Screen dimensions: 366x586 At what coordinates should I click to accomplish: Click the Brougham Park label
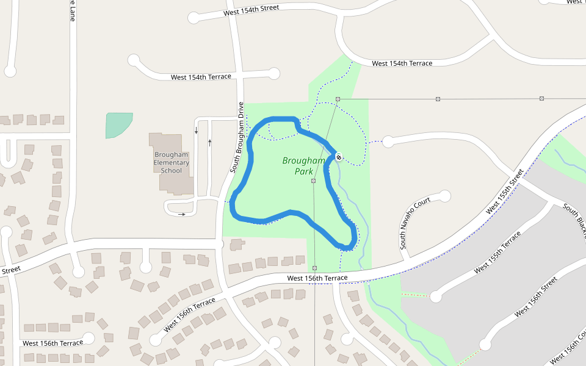(x=304, y=166)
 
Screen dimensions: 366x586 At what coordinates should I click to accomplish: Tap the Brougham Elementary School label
(x=172, y=162)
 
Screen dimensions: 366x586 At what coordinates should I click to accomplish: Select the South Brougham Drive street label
(x=237, y=137)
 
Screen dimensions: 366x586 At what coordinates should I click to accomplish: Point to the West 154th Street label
(x=251, y=10)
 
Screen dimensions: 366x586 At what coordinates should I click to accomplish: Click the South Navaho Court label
(x=415, y=223)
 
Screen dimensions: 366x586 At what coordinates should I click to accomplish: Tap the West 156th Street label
(x=536, y=297)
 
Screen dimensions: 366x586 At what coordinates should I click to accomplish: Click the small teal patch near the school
(x=118, y=124)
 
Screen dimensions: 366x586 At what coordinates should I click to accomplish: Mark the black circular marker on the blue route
(x=339, y=158)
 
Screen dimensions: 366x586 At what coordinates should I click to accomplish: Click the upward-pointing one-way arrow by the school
(x=210, y=142)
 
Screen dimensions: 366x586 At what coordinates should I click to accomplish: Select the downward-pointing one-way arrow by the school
(x=196, y=131)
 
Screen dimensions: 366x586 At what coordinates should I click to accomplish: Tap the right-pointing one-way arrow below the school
(x=182, y=214)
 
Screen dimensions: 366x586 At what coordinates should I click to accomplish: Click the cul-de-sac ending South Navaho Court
(x=444, y=196)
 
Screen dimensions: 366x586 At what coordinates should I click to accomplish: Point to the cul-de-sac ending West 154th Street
(x=194, y=18)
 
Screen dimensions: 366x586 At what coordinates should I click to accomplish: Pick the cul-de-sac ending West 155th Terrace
(x=435, y=296)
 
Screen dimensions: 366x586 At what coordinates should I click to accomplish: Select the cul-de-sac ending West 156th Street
(x=485, y=345)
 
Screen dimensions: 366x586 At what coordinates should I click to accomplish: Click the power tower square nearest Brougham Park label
(x=313, y=181)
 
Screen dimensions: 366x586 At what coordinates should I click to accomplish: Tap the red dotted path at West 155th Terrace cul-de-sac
(x=415, y=295)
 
